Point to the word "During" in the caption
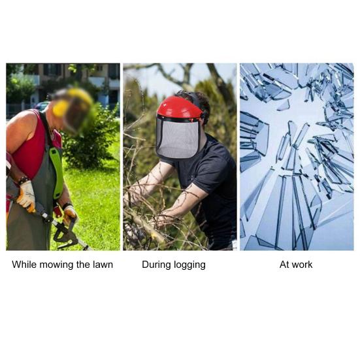coord(155,265)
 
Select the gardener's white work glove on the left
coord(26,195)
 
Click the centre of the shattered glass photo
coord(297,156)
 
